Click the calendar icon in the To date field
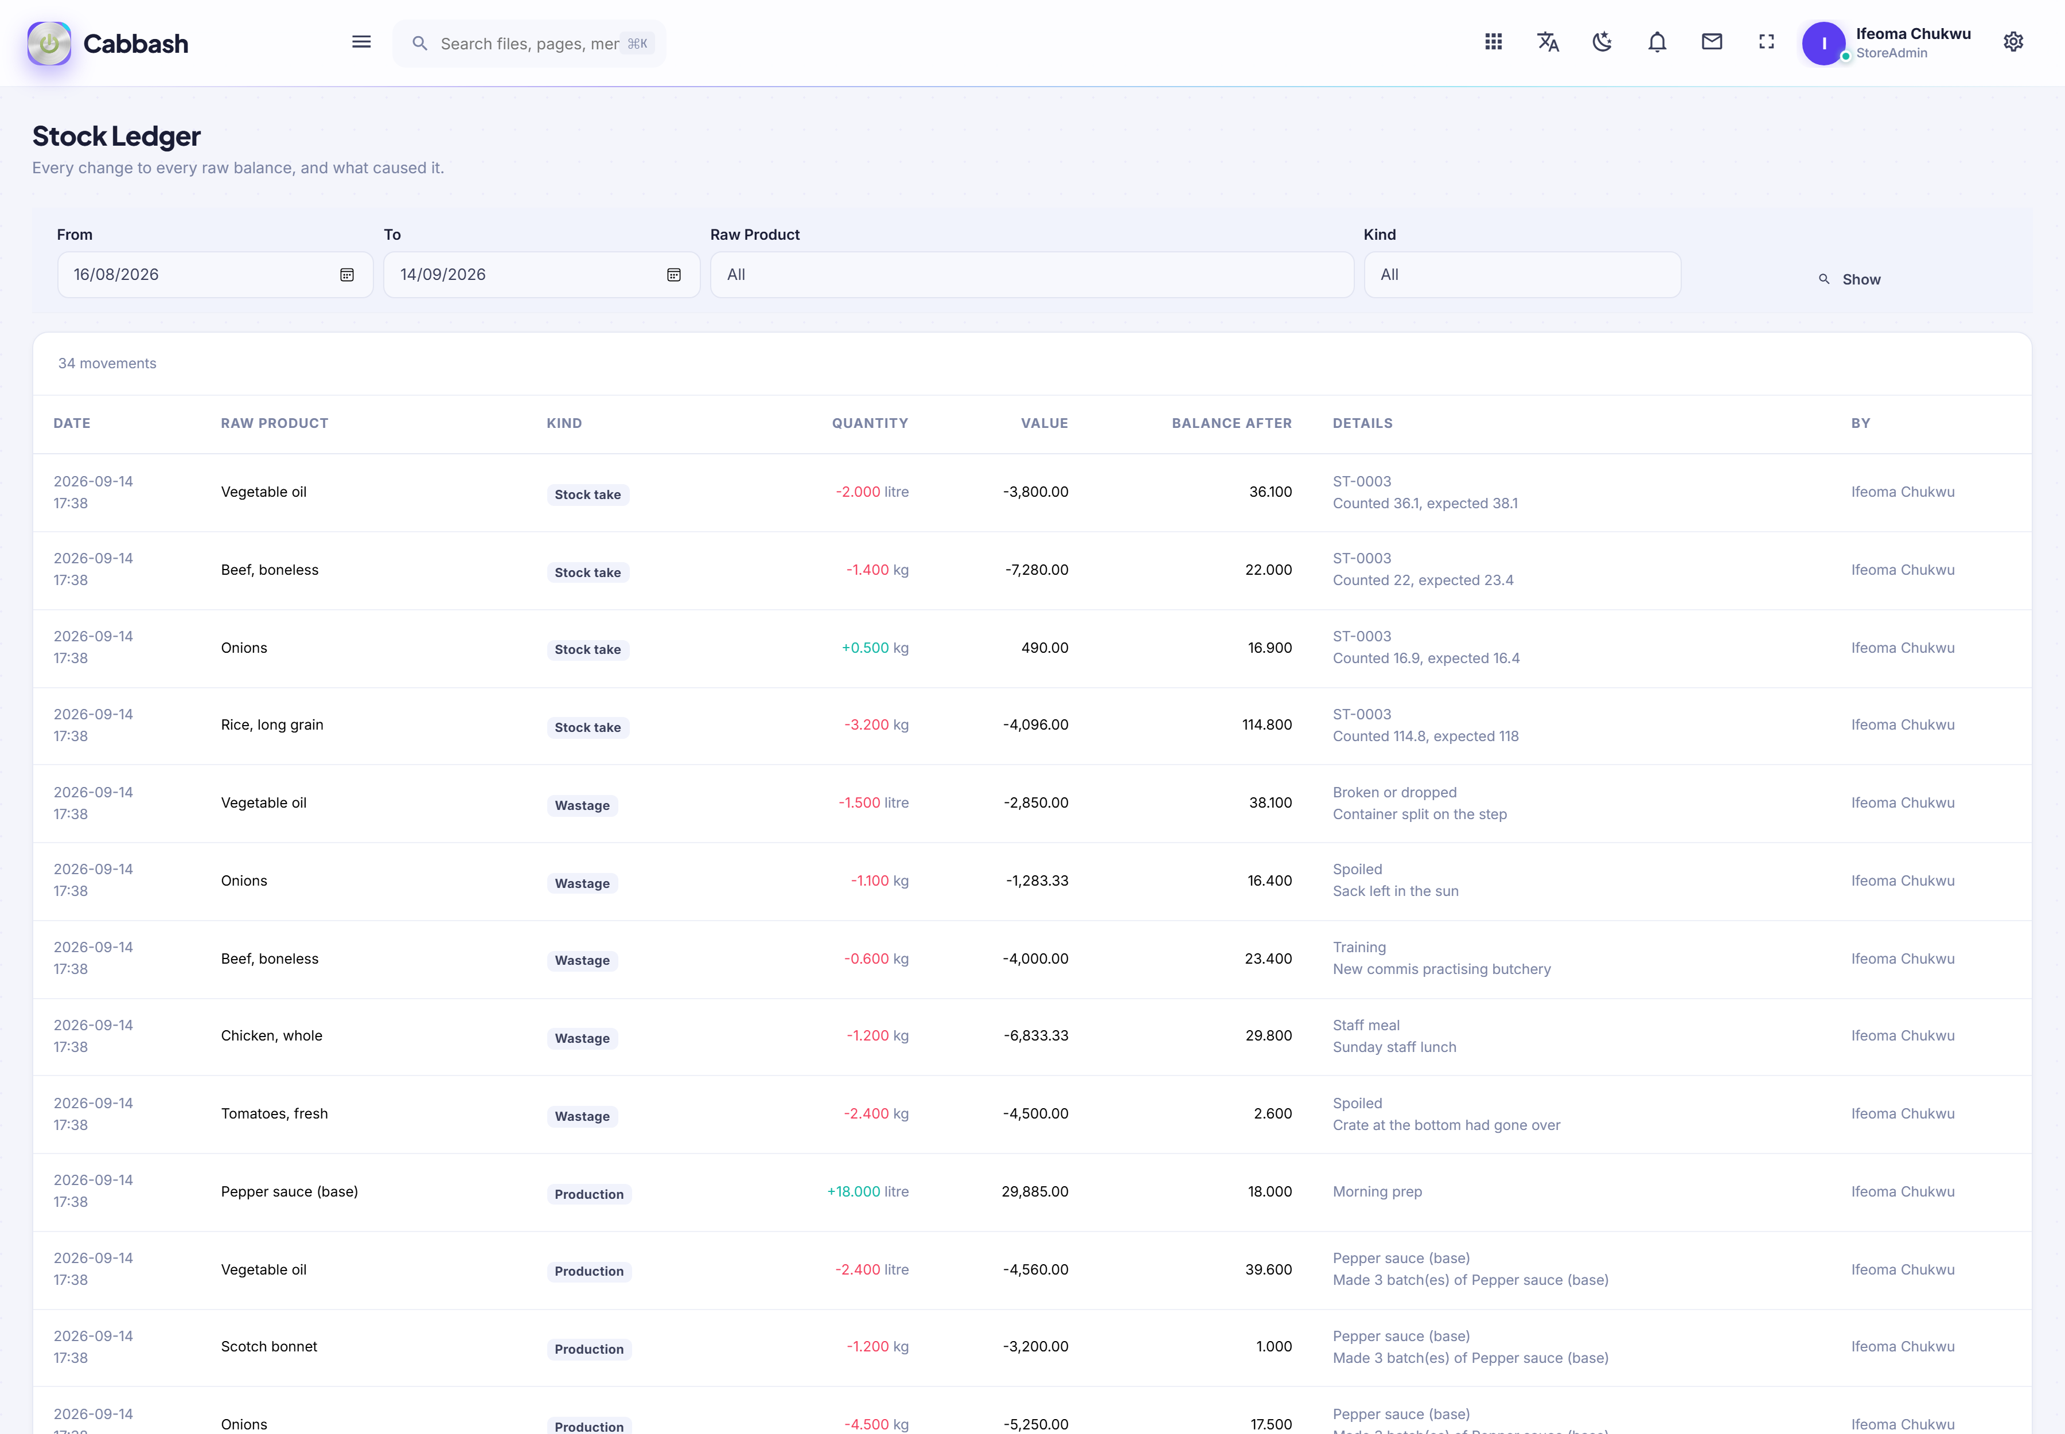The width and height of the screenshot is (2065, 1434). click(674, 275)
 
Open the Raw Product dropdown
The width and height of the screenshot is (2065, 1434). click(1031, 275)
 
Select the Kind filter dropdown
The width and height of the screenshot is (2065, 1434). click(1522, 275)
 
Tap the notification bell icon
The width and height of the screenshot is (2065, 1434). click(1657, 42)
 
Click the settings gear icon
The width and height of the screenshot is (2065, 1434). click(2013, 42)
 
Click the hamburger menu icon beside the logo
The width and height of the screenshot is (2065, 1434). click(361, 42)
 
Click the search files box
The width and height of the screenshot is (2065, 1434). click(529, 43)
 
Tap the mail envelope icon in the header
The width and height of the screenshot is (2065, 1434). click(1712, 42)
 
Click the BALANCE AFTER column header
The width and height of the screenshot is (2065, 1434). click(1231, 423)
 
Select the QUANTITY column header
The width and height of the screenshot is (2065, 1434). click(870, 423)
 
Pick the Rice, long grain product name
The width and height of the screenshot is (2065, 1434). click(272, 725)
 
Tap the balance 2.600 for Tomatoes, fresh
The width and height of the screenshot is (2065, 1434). click(1272, 1114)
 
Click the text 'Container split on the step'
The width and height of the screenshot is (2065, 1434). click(1420, 814)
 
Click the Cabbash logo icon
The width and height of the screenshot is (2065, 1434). click(49, 43)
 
